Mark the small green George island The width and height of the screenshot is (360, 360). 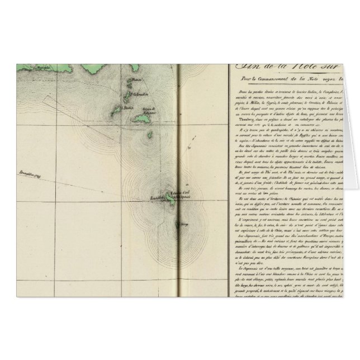tap(179, 225)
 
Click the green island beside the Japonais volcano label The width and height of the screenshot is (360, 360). tap(169, 196)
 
